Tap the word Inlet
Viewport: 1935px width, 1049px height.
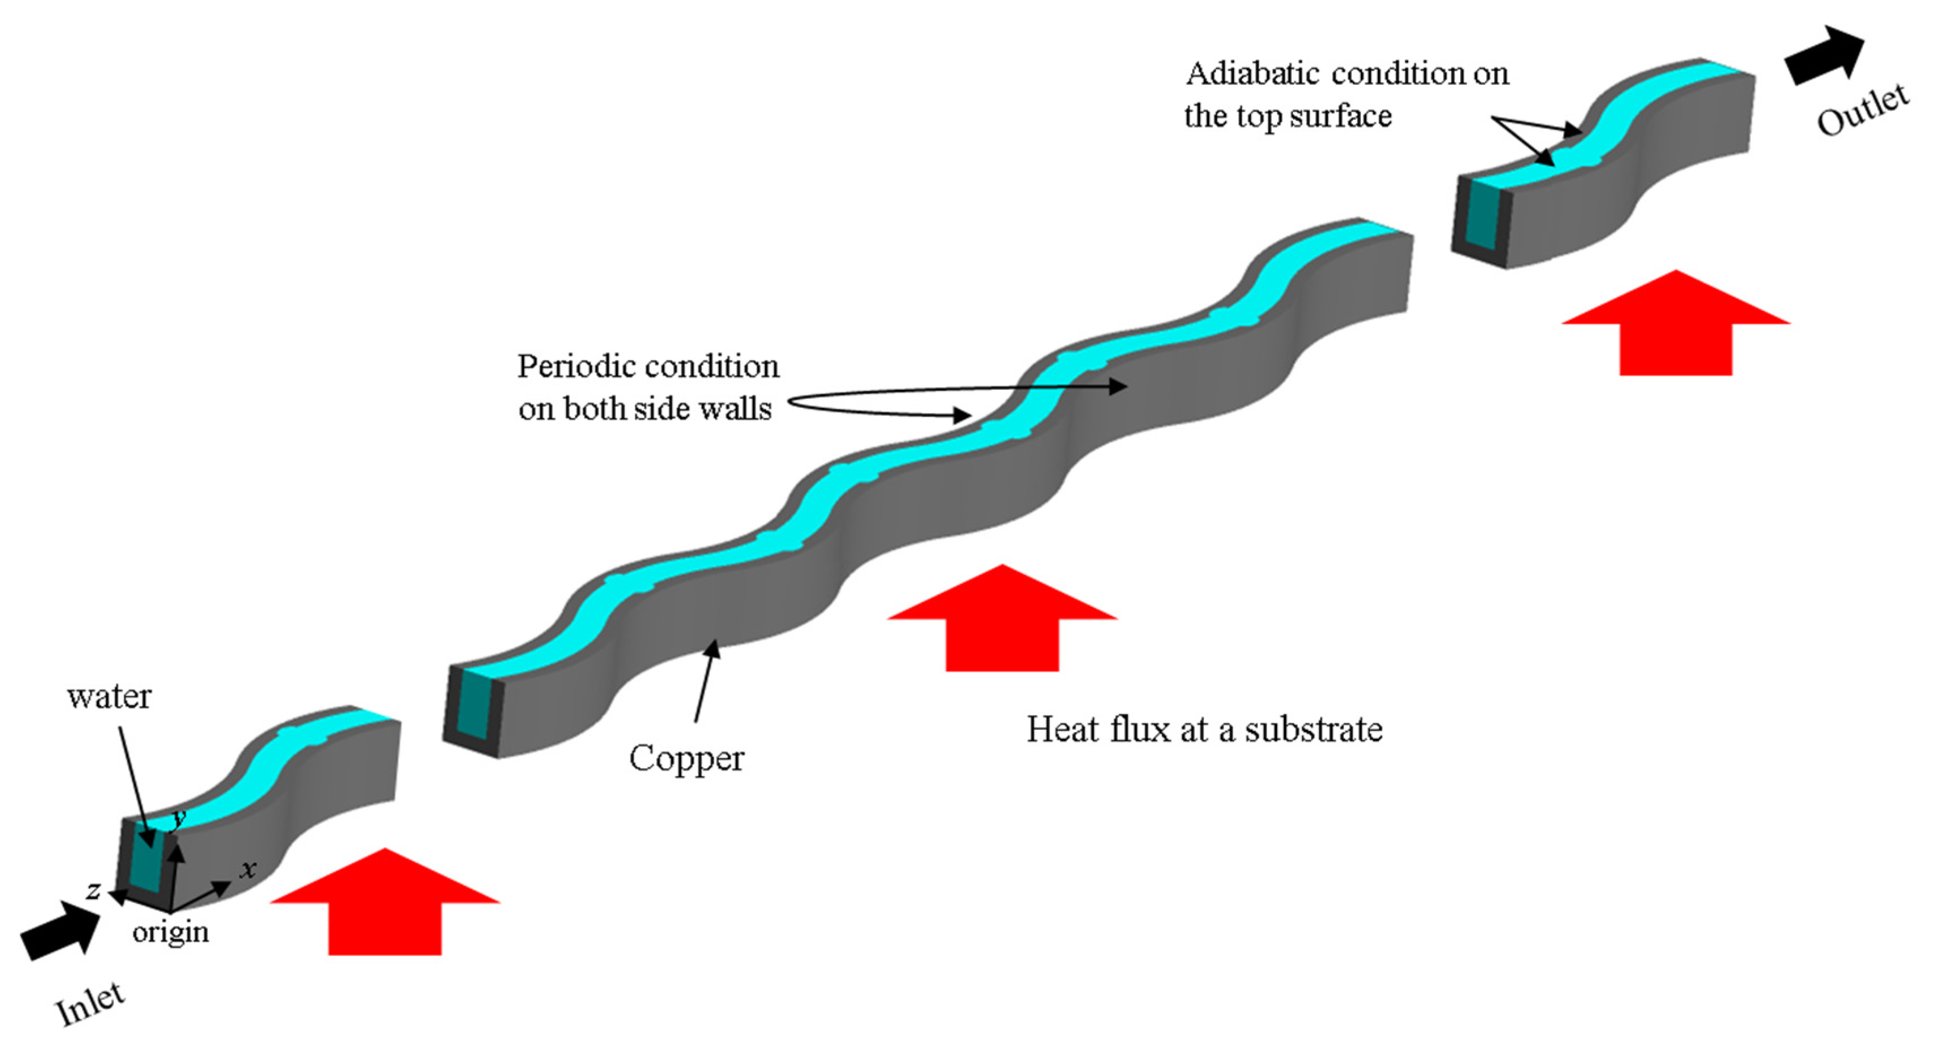pyautogui.click(x=90, y=1003)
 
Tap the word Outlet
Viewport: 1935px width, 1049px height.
pyautogui.click(x=1862, y=110)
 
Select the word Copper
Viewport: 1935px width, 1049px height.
pyautogui.click(x=686, y=759)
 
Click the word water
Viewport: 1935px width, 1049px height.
pyautogui.click(x=109, y=697)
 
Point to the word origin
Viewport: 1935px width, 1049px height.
pyautogui.click(x=171, y=933)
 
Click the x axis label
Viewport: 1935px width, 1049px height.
pyautogui.click(x=248, y=869)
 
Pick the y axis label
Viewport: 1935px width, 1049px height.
pyautogui.click(x=179, y=817)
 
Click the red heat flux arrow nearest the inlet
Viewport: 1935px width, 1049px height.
pyautogui.click(x=385, y=901)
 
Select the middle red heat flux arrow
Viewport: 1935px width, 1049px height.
pyautogui.click(x=1002, y=617)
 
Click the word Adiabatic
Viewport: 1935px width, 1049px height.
pyautogui.click(x=1251, y=73)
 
